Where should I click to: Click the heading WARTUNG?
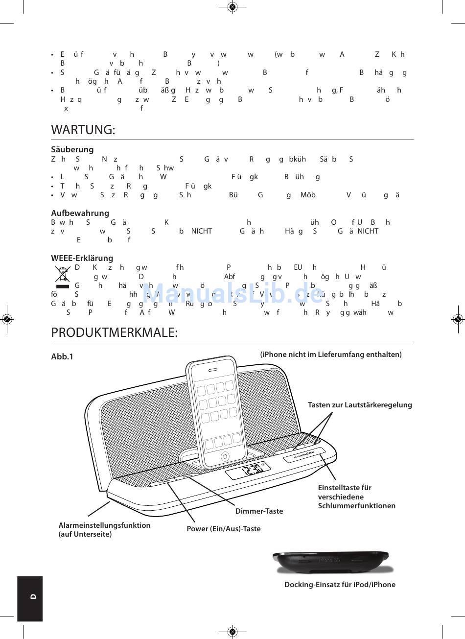click(x=83, y=130)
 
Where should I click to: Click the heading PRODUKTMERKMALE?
click(x=114, y=333)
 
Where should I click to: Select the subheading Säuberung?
click(x=72, y=150)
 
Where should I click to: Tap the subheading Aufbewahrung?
click(x=80, y=213)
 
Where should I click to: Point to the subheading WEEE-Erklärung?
click(x=82, y=258)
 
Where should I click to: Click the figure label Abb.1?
click(x=62, y=357)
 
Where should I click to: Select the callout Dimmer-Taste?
click(x=259, y=511)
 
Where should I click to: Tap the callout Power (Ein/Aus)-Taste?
click(x=223, y=529)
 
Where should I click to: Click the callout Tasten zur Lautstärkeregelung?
click(x=360, y=405)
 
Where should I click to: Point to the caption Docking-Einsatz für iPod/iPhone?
click(x=340, y=585)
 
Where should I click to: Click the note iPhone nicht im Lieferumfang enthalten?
click(x=331, y=355)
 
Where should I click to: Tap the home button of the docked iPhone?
click(x=225, y=456)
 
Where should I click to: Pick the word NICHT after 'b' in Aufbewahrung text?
click(x=202, y=231)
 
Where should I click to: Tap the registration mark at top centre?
click(x=232, y=7)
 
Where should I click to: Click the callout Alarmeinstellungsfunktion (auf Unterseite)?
click(x=104, y=529)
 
